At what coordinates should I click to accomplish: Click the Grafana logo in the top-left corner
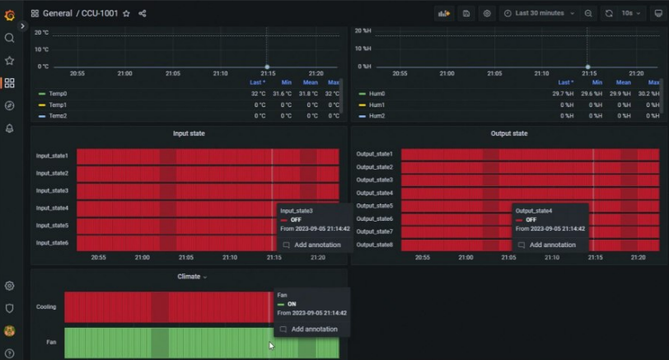coord(9,14)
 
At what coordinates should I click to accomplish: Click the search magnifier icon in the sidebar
coord(9,38)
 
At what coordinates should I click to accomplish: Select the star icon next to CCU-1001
coord(126,14)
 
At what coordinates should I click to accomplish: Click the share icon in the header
coord(143,14)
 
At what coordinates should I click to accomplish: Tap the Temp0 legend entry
coord(57,94)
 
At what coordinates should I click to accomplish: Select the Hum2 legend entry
coord(377,116)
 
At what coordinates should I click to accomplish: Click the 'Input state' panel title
coord(189,133)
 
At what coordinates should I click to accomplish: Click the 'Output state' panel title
coord(508,133)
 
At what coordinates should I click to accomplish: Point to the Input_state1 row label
coord(52,156)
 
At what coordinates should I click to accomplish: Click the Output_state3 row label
coord(374,180)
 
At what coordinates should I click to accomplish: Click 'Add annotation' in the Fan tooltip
coord(314,329)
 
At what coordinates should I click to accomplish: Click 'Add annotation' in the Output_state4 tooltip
coord(552,245)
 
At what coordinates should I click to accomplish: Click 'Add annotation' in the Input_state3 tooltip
coord(316,245)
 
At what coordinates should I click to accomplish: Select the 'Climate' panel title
coord(189,277)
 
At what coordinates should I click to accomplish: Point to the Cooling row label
coord(46,306)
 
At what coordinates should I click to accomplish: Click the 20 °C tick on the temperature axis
coord(41,32)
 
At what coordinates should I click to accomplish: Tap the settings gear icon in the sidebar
coord(9,286)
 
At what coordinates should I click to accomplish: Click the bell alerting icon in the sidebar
coord(9,129)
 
